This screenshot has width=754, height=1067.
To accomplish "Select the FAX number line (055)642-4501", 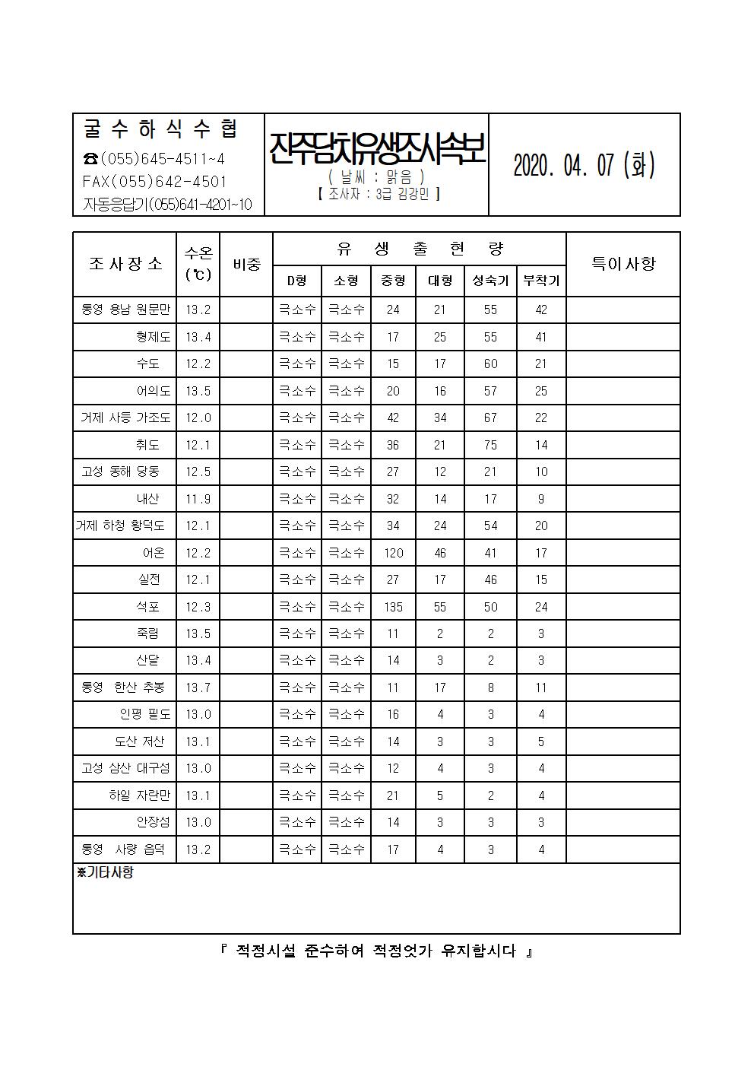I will click(x=155, y=182).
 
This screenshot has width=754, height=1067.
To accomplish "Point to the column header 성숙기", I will click(x=490, y=281).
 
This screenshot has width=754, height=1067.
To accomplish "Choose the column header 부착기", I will click(x=541, y=281).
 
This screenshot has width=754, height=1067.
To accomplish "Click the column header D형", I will click(x=297, y=281).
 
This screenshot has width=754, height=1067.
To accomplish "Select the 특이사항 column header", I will click(x=623, y=264).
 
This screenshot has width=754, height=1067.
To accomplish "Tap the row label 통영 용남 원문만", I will click(x=126, y=310).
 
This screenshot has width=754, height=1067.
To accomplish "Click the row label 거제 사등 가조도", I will click(x=126, y=418).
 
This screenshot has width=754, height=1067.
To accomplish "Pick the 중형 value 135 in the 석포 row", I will click(x=393, y=607).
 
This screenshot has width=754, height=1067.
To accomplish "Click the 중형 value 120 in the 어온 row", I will click(x=393, y=553).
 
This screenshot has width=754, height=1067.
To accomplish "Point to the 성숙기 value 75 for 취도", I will click(x=490, y=445).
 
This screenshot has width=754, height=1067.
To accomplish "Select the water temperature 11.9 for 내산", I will click(x=198, y=499).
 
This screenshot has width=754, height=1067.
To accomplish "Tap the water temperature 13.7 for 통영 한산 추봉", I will click(x=198, y=688).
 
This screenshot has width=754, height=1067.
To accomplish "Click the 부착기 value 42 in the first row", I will click(x=541, y=310).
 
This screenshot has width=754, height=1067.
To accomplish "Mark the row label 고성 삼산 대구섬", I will click(x=126, y=768).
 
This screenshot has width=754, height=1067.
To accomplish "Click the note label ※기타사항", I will click(x=106, y=873).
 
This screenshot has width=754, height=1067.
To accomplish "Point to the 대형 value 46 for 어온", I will click(x=440, y=553).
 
